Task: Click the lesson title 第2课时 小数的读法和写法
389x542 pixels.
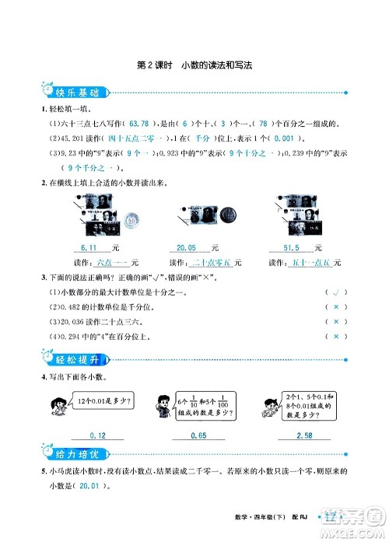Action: (x=195, y=66)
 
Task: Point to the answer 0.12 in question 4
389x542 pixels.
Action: (x=98, y=435)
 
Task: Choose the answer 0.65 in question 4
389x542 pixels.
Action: (x=198, y=435)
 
